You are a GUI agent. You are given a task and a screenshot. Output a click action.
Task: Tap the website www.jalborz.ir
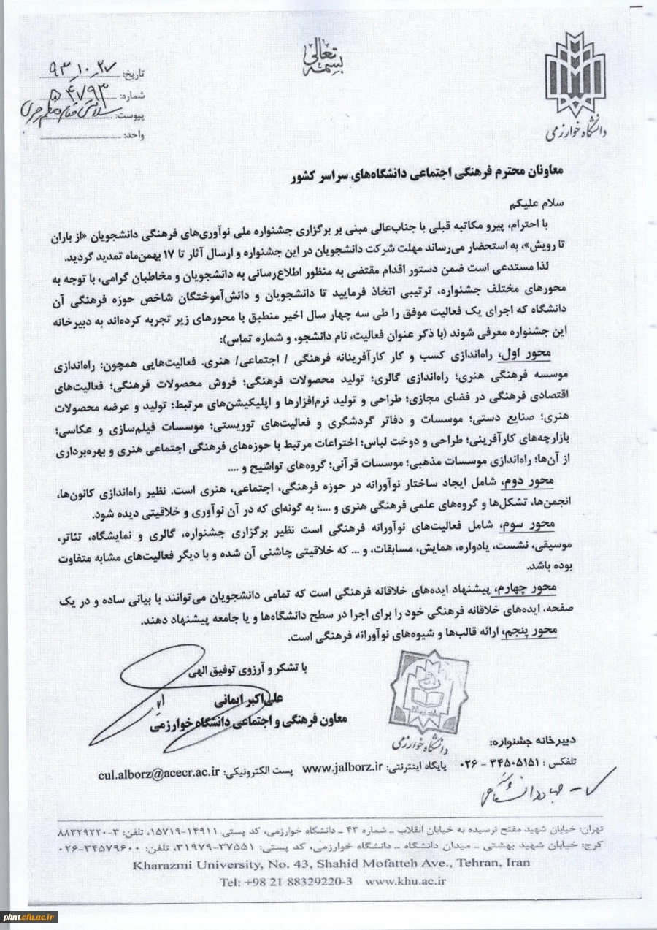coord(343,767)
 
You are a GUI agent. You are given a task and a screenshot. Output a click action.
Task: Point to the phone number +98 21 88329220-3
coord(287,882)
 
